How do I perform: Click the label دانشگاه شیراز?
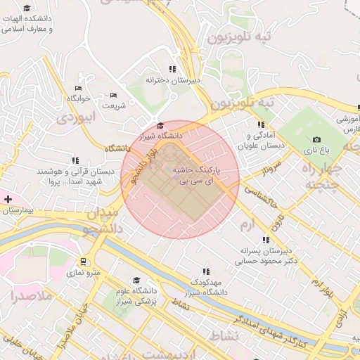click(x=160, y=134)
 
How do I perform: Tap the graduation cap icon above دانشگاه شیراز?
click(x=160, y=124)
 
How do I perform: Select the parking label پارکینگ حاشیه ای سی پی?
click(x=197, y=176)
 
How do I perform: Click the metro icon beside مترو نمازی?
click(x=84, y=262)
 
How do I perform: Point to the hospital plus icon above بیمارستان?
click(x=8, y=200)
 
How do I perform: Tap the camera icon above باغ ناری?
click(x=316, y=140)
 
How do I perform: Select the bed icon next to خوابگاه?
click(x=78, y=88)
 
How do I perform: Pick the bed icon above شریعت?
click(x=114, y=95)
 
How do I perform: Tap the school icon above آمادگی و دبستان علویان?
click(x=261, y=125)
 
